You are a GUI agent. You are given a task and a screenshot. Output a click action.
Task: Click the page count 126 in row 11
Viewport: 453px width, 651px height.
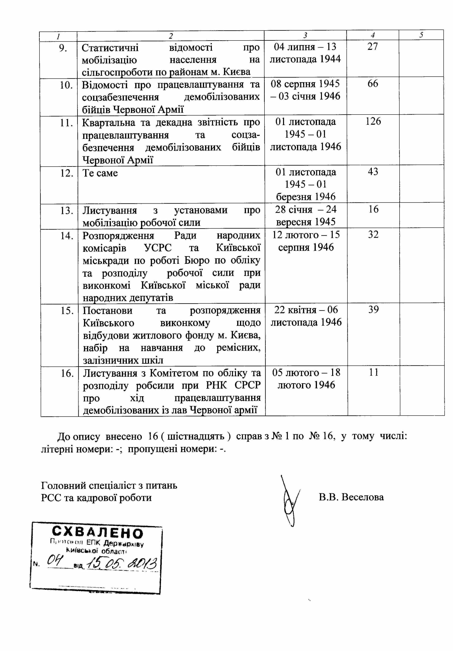[373, 121]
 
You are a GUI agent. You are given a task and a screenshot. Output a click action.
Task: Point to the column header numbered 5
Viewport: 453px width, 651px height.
[421, 35]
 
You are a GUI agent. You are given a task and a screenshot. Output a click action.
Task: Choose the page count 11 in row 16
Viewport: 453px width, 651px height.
[374, 372]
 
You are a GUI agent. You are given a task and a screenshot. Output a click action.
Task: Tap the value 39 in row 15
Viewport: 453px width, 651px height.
[374, 310]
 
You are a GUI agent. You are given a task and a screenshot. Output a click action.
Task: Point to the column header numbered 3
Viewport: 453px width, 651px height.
[305, 35]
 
